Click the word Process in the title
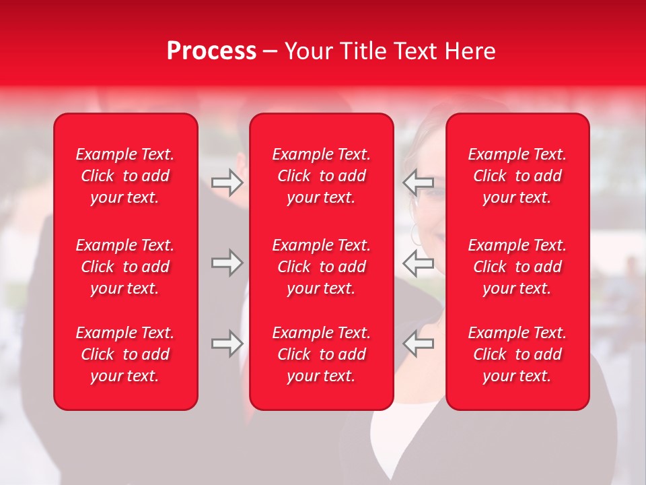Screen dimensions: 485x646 (211, 51)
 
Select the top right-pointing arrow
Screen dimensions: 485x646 (227, 183)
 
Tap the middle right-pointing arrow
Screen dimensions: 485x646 (227, 263)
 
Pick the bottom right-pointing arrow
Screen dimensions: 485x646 (227, 344)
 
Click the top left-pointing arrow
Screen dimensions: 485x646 (419, 183)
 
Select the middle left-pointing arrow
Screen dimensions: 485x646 (419, 263)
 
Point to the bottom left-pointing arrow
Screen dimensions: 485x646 (419, 344)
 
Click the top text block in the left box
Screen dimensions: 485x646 (125, 176)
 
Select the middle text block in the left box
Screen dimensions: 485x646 (125, 267)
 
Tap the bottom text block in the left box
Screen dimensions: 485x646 (125, 354)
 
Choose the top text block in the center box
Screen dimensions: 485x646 (322, 176)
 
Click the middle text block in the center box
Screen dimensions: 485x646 (322, 267)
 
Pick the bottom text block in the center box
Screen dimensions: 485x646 (322, 354)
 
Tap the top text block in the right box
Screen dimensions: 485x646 (517, 176)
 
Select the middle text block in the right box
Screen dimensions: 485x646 (517, 267)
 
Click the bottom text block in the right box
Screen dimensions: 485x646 (517, 354)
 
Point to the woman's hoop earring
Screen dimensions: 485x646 (417, 235)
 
